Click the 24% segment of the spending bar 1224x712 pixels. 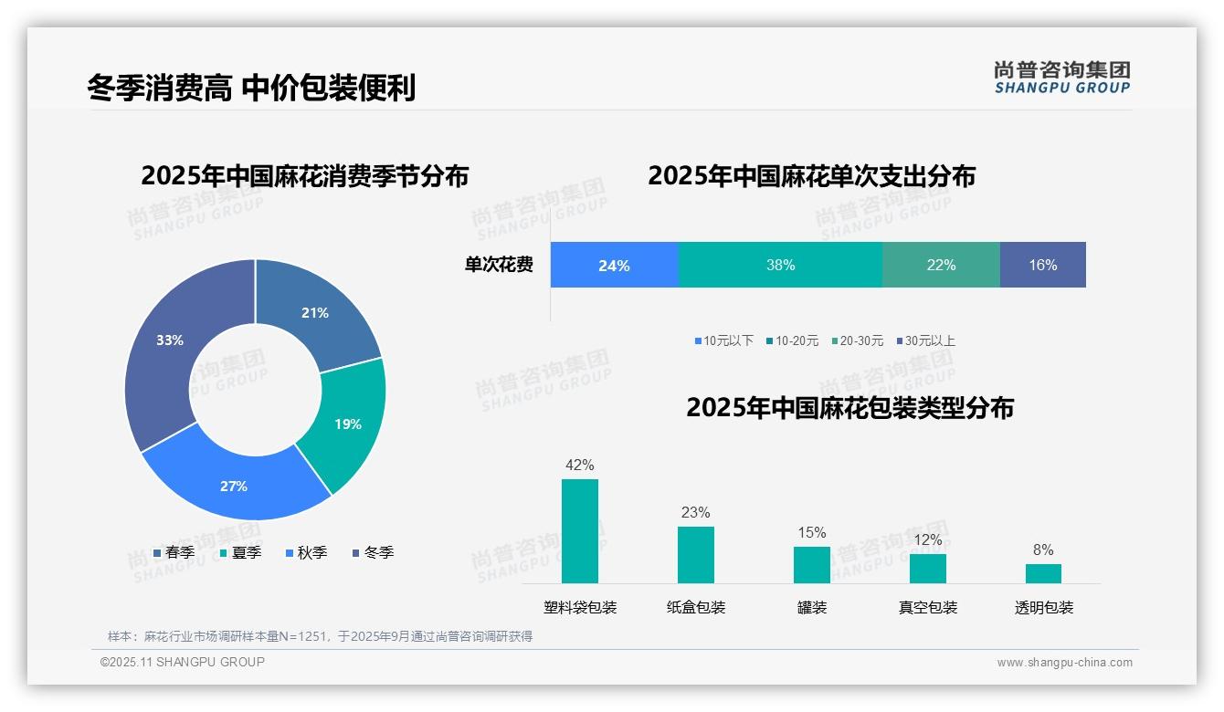[614, 266]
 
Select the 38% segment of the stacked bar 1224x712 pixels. [780, 266]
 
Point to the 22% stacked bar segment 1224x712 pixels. [941, 266]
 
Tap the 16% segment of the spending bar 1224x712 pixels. [1042, 266]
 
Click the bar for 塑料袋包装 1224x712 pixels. [580, 531]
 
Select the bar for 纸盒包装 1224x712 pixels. [696, 555]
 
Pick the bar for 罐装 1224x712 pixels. [811, 565]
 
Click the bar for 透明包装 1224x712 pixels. [1043, 573]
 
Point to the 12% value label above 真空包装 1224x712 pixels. [928, 540]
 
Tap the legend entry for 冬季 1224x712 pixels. [373, 553]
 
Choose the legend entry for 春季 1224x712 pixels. [174, 553]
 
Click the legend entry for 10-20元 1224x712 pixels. [792, 341]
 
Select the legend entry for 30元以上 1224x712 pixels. [924, 341]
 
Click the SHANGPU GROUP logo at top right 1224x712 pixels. [1061, 77]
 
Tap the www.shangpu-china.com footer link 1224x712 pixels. [1064, 663]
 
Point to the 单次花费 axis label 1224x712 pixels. [499, 266]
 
